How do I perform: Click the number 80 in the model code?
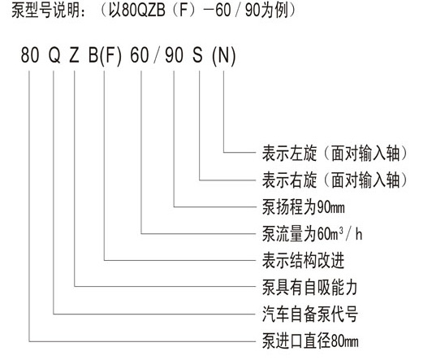[30, 54]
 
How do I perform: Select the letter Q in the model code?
[54, 55]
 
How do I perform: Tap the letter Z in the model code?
[74, 54]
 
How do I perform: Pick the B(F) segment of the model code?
[105, 55]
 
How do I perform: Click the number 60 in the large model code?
[140, 54]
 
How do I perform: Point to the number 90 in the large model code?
[174, 54]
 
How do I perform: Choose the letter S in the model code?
[198, 54]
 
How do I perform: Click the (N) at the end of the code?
[223, 55]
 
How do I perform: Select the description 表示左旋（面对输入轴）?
[334, 153]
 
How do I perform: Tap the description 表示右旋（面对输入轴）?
[334, 180]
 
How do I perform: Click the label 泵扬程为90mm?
[304, 207]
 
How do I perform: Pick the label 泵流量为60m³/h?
[312, 234]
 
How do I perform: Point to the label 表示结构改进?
[303, 261]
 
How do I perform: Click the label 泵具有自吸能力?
[309, 288]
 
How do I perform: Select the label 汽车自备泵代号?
[309, 314]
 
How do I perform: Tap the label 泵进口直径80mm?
[310, 341]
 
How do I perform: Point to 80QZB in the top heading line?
[143, 11]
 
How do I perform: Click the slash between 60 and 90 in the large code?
[157, 55]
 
